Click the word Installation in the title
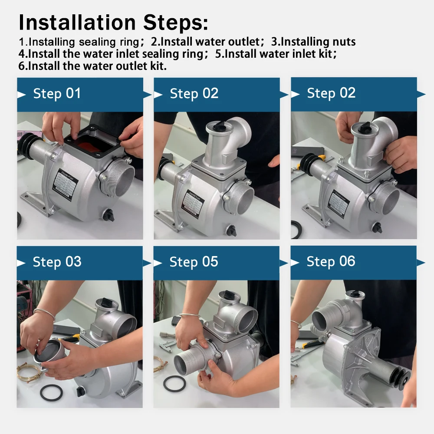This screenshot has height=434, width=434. point(77,22)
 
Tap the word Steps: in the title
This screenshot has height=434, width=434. point(175,22)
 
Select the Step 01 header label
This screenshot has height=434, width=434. point(57,93)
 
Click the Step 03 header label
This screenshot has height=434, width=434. point(57,262)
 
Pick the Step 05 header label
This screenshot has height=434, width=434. point(194,262)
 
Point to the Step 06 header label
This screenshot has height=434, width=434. point(331,262)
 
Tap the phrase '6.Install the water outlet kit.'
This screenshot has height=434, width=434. point(92,66)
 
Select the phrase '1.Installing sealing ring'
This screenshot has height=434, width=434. point(79,42)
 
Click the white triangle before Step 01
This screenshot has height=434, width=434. point(22,94)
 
